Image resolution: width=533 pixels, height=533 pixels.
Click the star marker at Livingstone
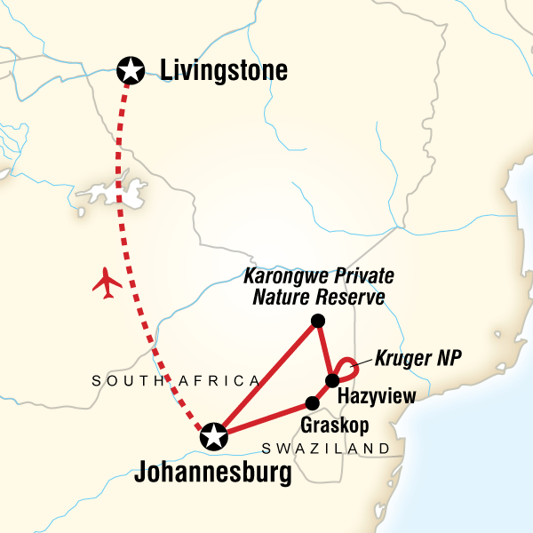(131, 68)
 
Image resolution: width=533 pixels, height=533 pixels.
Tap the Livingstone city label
(224, 69)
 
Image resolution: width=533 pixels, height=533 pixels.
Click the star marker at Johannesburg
(213, 436)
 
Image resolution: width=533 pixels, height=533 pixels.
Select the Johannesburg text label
(212, 473)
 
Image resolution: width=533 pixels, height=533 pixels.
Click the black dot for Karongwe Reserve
(317, 321)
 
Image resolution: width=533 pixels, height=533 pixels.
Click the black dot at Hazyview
(332, 381)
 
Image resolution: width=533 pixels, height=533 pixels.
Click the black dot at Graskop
(311, 401)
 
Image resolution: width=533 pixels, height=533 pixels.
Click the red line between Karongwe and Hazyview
(324, 350)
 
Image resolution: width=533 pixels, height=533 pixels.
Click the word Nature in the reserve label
(285, 297)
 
